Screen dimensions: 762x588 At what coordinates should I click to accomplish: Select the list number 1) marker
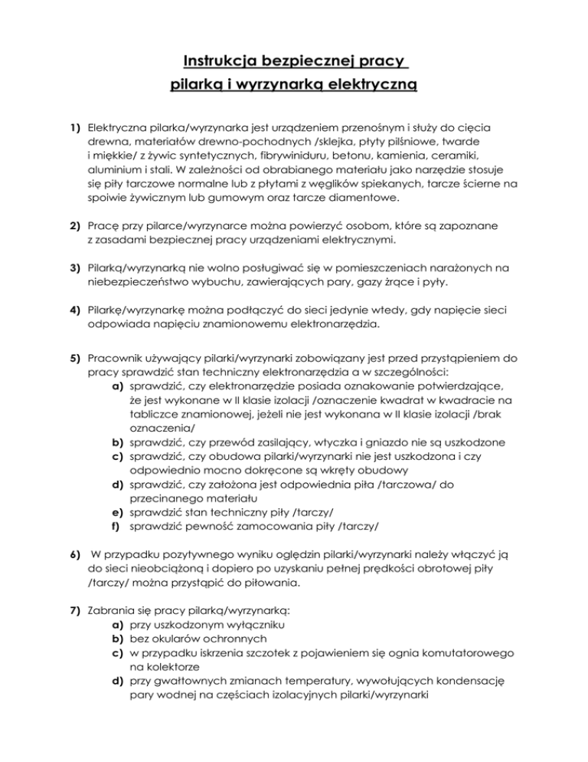77,124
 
